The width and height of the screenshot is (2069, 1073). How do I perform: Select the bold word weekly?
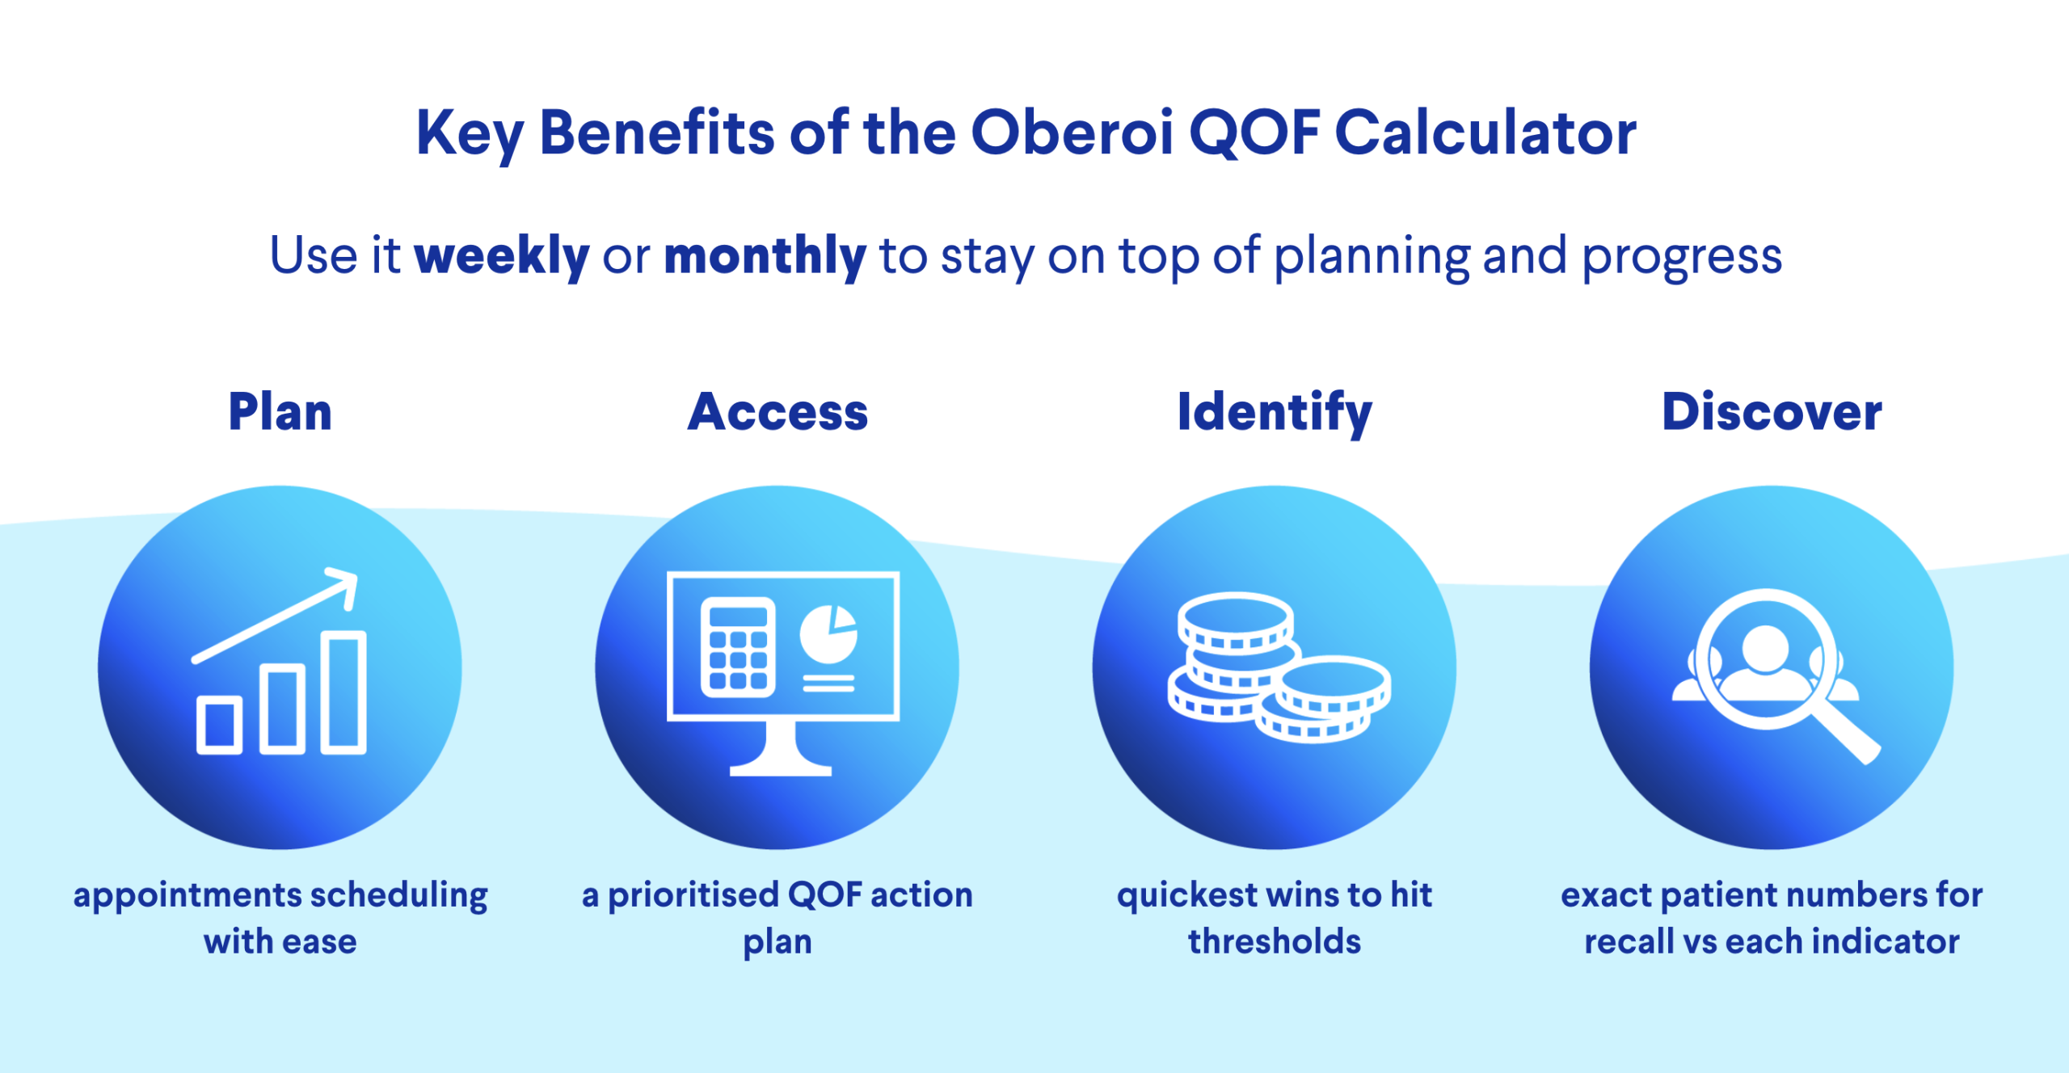[502, 255]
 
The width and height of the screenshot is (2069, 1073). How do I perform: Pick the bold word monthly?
[765, 255]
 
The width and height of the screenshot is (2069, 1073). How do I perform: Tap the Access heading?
[777, 412]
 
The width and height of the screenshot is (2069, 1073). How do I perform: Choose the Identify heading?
[1275, 414]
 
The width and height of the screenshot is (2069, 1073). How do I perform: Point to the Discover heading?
[1772, 412]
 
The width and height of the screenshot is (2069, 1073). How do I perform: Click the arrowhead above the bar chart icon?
[343, 585]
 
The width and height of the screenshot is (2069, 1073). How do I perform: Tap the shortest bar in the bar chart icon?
[219, 724]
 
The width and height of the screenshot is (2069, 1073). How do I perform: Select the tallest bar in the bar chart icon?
[343, 692]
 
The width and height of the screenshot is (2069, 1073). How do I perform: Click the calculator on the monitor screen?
[738, 647]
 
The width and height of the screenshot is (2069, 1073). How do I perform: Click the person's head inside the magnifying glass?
[1765, 648]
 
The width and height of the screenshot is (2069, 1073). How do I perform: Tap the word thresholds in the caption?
[1275, 941]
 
